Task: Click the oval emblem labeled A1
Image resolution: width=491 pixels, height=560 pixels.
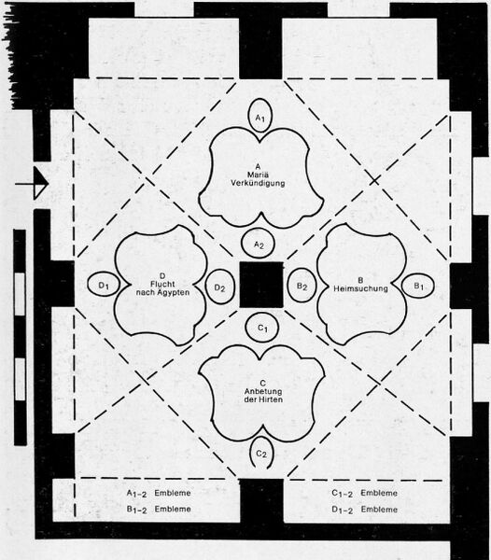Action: coord(260,116)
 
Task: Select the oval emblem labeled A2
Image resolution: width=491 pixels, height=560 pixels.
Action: coord(259,245)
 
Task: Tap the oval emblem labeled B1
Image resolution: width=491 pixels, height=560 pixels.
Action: coord(418,287)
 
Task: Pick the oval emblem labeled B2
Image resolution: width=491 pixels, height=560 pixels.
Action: coord(302,286)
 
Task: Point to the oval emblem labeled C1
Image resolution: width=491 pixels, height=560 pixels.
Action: coord(262,328)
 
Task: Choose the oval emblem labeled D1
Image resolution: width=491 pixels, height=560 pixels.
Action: coord(104,285)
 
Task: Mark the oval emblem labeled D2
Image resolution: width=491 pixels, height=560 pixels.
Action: coord(220,287)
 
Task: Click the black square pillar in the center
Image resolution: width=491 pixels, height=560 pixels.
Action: coord(261,285)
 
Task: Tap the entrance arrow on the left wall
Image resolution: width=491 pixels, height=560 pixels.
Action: coord(32,184)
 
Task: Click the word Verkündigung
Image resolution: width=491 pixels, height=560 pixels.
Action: coord(258,183)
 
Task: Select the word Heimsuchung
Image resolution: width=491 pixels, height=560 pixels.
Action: coord(360,288)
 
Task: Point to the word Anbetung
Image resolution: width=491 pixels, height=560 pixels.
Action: coord(263,391)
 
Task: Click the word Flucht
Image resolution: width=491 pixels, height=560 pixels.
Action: coord(162,284)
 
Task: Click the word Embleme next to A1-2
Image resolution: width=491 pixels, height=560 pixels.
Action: coord(173,493)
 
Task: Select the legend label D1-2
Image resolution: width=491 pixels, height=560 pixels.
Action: coord(342,510)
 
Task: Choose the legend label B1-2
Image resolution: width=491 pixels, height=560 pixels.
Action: coord(136,510)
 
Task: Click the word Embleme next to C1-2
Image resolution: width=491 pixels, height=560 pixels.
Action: coord(379,493)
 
